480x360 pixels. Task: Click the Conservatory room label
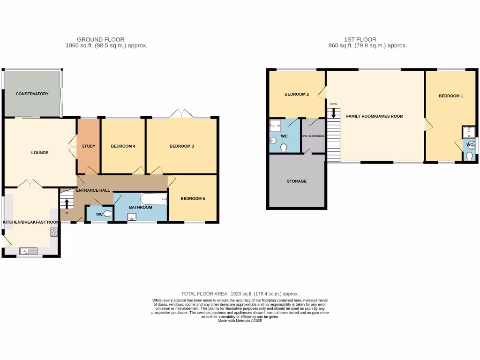32,94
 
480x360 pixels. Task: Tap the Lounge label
40,153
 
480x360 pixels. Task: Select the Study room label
89,146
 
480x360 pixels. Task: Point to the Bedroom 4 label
123,146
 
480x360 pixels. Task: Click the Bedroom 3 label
181,146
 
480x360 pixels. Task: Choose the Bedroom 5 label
193,199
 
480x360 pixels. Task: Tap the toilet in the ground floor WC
108,214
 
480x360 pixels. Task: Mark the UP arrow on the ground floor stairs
67,203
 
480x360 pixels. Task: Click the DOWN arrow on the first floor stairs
334,112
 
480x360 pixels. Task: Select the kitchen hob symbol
53,232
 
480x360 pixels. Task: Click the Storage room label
296,181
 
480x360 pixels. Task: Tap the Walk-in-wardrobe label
313,136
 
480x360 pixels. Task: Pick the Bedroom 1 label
450,96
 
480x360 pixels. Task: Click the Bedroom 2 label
297,94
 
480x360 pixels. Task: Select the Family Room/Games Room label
375,116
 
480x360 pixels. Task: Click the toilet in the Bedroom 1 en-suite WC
469,156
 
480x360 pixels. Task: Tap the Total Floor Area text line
240,294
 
